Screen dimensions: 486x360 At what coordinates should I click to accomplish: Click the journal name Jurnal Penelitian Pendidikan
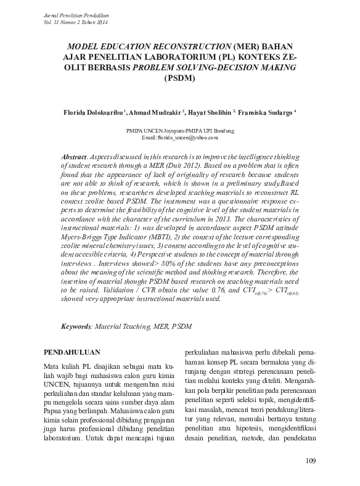tap(76, 13)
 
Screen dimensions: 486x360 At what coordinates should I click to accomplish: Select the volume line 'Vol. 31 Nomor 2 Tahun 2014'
tap(76, 21)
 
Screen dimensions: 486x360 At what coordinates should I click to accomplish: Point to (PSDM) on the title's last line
tap(179, 78)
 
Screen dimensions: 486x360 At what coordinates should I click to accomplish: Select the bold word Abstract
tap(76, 158)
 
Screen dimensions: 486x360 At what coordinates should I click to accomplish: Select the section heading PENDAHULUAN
tap(73, 352)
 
